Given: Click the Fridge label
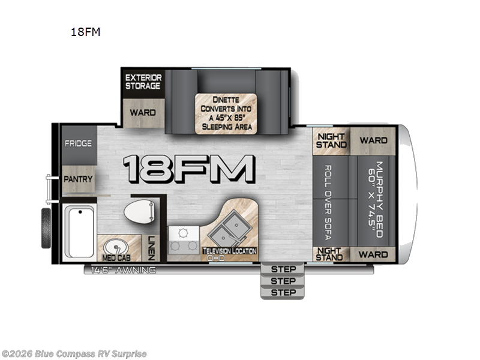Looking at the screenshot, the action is coord(78,143).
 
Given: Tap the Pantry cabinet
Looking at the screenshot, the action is coord(79,179).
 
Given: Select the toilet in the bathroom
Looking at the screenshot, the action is coord(139,211).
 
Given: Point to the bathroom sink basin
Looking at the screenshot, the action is coord(116,247).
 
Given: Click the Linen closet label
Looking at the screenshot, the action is coord(151,248).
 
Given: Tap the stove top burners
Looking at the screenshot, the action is coord(184,240).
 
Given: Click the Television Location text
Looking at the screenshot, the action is coord(230,251).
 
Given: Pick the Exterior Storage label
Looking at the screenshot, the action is coord(143,82).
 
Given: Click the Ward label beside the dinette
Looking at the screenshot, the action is coord(143,113).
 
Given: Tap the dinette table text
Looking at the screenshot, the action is coord(226,113).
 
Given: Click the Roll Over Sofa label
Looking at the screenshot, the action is coord(328,203).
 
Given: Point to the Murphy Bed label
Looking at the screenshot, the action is coord(376,199).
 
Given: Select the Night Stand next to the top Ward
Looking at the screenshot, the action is coord(331,141).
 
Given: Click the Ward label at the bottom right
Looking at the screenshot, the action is coord(373,254).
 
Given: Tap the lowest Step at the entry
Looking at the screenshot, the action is coord(283,293).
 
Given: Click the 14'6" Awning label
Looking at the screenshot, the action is coord(124,270).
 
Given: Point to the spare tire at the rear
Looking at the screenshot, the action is coord(46,228).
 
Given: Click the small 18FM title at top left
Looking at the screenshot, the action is coord(85,32).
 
